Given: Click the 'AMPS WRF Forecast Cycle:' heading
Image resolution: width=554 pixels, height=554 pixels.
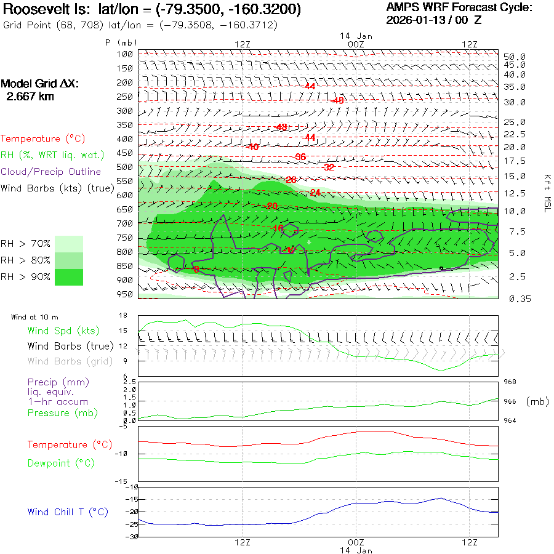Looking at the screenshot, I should tap(459, 7).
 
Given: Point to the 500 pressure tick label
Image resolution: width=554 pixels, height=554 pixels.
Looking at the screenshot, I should tap(126, 167).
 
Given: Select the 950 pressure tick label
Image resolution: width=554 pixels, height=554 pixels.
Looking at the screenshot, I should tap(126, 294).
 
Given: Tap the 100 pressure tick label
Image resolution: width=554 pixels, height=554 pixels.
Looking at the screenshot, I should tap(126, 54).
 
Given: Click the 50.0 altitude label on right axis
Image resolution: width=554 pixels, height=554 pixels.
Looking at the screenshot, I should tap(514, 57).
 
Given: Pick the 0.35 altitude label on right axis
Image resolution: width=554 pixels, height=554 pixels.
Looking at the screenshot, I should tap(514, 299).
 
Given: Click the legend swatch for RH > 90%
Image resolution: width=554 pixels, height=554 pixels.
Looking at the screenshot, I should tap(69, 277).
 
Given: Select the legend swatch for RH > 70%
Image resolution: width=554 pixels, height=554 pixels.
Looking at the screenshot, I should tap(69, 244).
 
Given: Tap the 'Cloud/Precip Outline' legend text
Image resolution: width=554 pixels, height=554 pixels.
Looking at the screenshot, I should tap(51, 171).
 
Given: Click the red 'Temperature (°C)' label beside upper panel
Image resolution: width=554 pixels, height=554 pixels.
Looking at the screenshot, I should tap(39, 139).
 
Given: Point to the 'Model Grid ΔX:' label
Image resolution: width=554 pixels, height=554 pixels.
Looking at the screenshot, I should tap(39, 84).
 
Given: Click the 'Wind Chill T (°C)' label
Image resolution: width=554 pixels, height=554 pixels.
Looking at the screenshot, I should tap(68, 512).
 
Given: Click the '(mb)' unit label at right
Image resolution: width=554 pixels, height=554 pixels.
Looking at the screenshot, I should tap(537, 401).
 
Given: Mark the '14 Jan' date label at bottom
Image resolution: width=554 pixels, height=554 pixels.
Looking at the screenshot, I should tap(356, 550).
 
